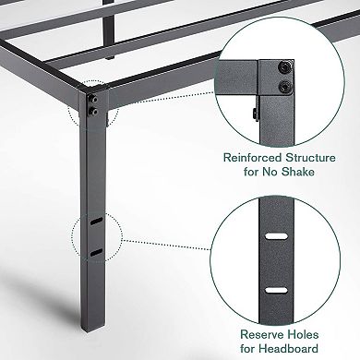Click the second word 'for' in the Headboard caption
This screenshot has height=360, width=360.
pyautogui.click(x=239, y=348)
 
